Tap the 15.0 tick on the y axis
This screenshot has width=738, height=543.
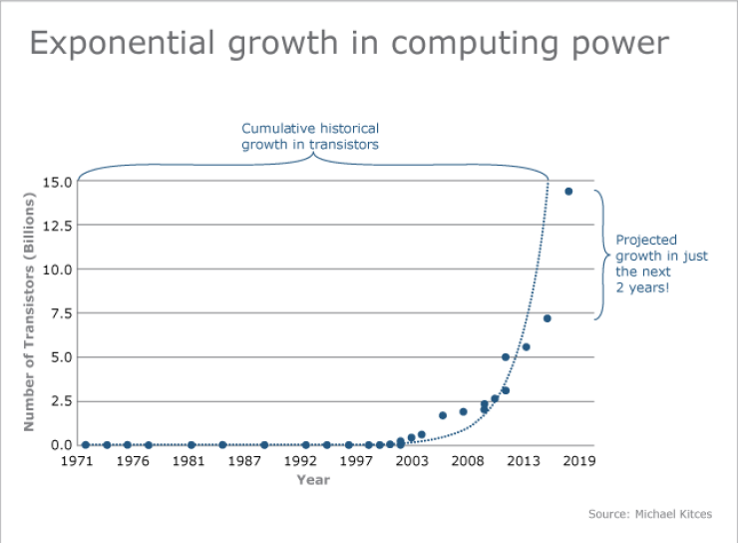(x=56, y=182)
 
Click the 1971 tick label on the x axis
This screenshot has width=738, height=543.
(x=77, y=461)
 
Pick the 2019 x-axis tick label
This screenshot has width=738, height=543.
(x=579, y=461)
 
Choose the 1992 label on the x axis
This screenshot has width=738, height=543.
(x=300, y=461)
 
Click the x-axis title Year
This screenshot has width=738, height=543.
(x=313, y=480)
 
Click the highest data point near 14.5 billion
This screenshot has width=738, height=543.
(x=568, y=192)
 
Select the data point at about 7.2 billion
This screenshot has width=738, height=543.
(x=547, y=318)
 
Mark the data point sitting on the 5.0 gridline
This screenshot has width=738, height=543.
(x=506, y=356)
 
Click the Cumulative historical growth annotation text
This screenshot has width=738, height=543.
(x=310, y=136)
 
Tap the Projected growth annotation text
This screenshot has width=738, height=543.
(x=661, y=263)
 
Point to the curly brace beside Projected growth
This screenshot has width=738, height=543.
(x=601, y=255)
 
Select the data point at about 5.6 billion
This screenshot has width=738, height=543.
(x=526, y=347)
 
